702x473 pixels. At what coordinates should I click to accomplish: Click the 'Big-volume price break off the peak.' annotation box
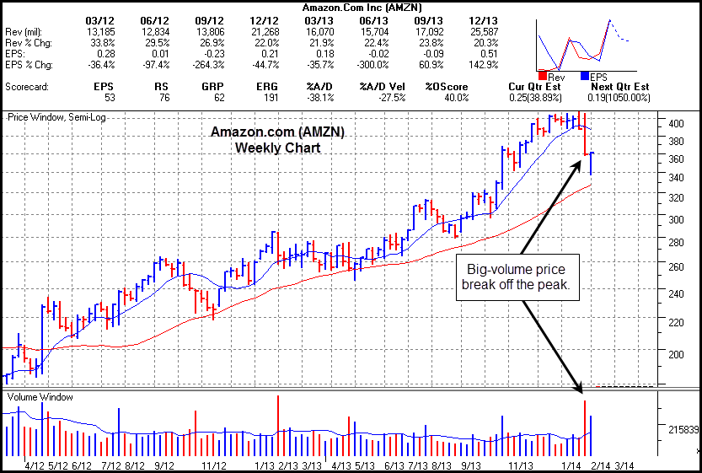[x=517, y=277]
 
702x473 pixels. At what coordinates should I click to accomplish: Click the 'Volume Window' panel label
[x=40, y=396]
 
